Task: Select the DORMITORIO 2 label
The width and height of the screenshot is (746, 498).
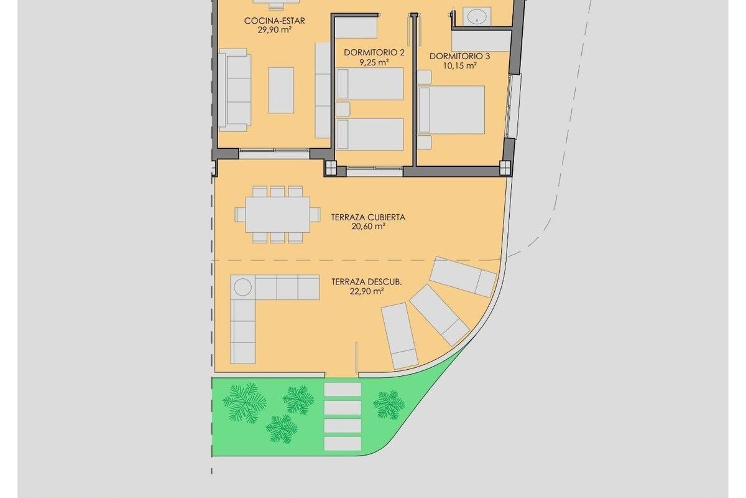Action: click(x=374, y=53)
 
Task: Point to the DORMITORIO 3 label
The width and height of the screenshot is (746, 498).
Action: click(x=459, y=56)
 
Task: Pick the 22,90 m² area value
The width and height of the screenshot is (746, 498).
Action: click(x=366, y=291)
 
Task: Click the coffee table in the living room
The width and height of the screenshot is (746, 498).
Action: click(x=281, y=90)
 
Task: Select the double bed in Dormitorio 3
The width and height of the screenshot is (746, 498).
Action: click(x=452, y=110)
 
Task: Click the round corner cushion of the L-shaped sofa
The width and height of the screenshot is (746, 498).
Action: click(x=242, y=288)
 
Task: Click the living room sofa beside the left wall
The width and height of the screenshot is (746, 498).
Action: click(x=234, y=91)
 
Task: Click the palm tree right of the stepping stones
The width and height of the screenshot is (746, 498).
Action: click(x=389, y=405)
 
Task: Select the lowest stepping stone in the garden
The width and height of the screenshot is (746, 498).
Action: click(x=343, y=444)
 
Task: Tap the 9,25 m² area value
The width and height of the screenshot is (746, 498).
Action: click(x=374, y=62)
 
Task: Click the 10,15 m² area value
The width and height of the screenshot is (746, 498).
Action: click(x=461, y=65)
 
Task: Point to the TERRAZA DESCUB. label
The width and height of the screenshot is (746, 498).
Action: click(x=366, y=281)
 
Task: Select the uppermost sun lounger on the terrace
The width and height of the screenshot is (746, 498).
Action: click(x=464, y=275)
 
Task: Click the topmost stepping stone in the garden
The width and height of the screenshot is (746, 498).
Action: click(x=343, y=389)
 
